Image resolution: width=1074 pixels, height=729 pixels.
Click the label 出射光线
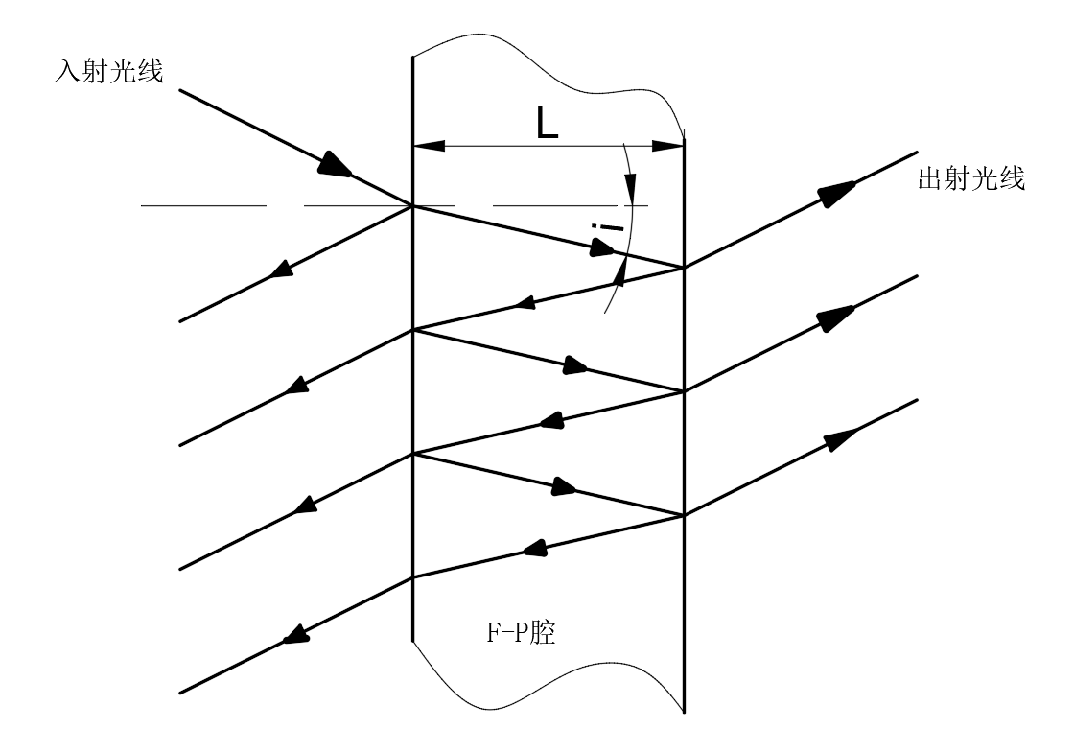point(971,179)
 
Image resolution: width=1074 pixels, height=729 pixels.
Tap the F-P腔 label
point(521,632)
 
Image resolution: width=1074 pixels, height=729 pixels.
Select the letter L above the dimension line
point(547,125)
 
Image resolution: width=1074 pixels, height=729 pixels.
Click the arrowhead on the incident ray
point(336,164)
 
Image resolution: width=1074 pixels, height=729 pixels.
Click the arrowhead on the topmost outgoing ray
point(838,193)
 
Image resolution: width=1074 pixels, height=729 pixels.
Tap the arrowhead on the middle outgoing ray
point(836,317)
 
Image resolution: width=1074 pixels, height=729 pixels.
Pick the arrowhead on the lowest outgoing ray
point(841,439)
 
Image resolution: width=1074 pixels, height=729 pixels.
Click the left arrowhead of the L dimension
point(429,146)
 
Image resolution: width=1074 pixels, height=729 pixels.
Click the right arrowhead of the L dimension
point(667,146)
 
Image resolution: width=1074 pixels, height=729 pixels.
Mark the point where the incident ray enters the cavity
point(413,205)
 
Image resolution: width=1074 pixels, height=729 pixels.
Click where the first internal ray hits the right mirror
point(684,268)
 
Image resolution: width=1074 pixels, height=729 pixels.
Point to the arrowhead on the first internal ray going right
point(602,248)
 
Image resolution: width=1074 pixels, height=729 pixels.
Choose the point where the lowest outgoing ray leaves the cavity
point(684,515)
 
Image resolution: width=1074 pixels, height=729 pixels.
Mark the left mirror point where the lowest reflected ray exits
point(413,577)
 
